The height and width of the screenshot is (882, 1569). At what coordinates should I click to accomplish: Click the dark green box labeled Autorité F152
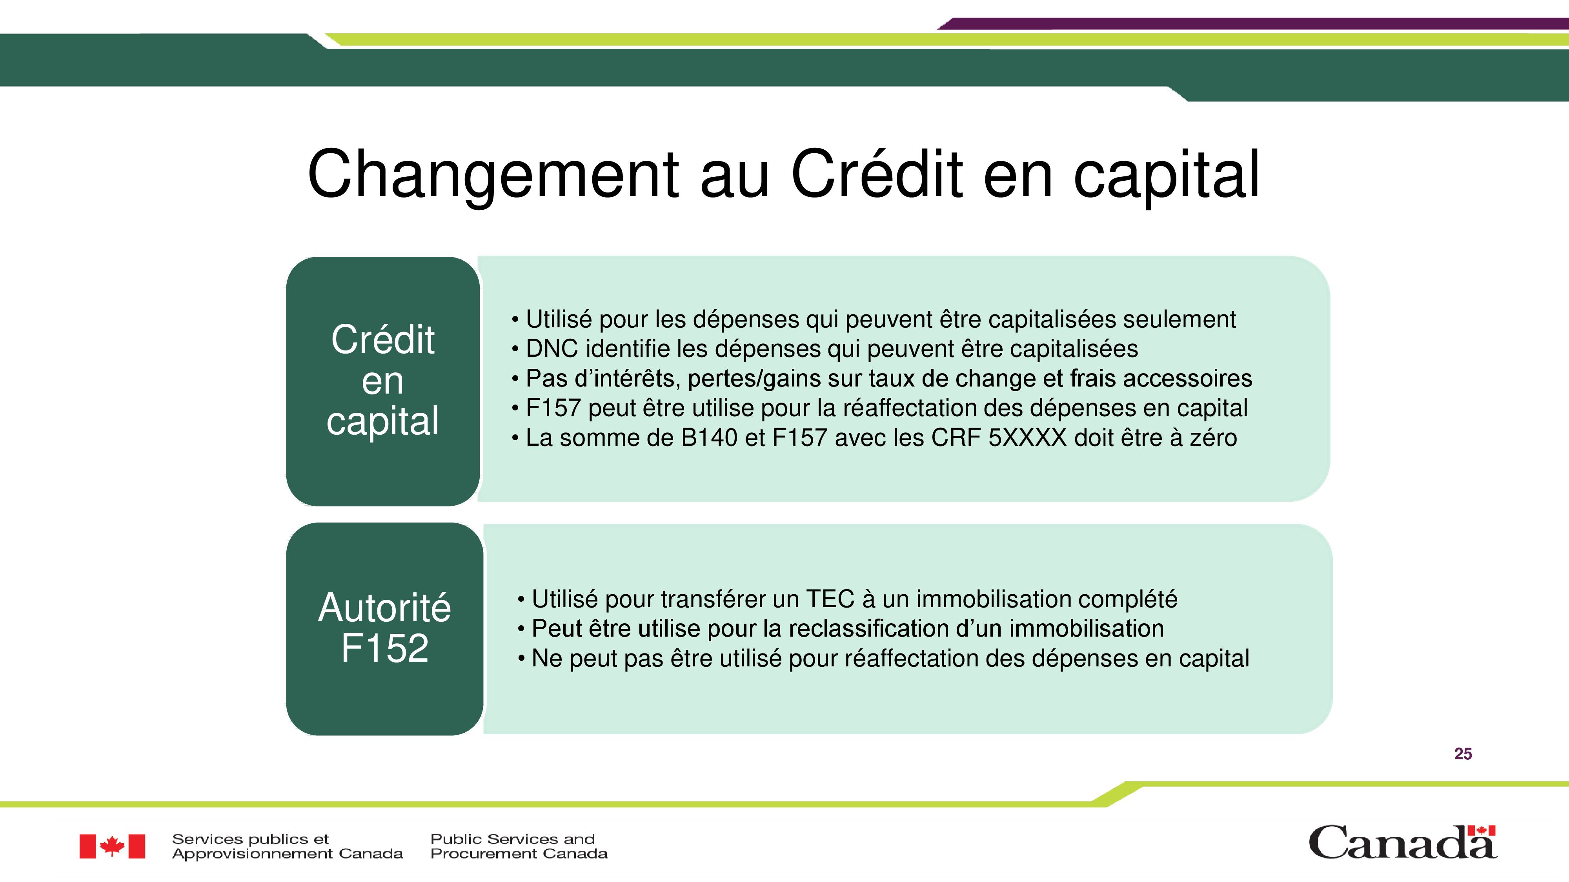click(x=384, y=629)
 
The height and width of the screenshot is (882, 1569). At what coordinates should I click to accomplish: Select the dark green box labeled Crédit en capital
click(x=382, y=381)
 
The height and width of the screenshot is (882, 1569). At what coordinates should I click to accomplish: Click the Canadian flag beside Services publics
click(x=112, y=846)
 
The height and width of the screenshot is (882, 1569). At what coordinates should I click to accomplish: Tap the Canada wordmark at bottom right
click(x=1403, y=842)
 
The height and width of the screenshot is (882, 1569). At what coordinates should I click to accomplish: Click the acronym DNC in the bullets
click(x=552, y=349)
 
